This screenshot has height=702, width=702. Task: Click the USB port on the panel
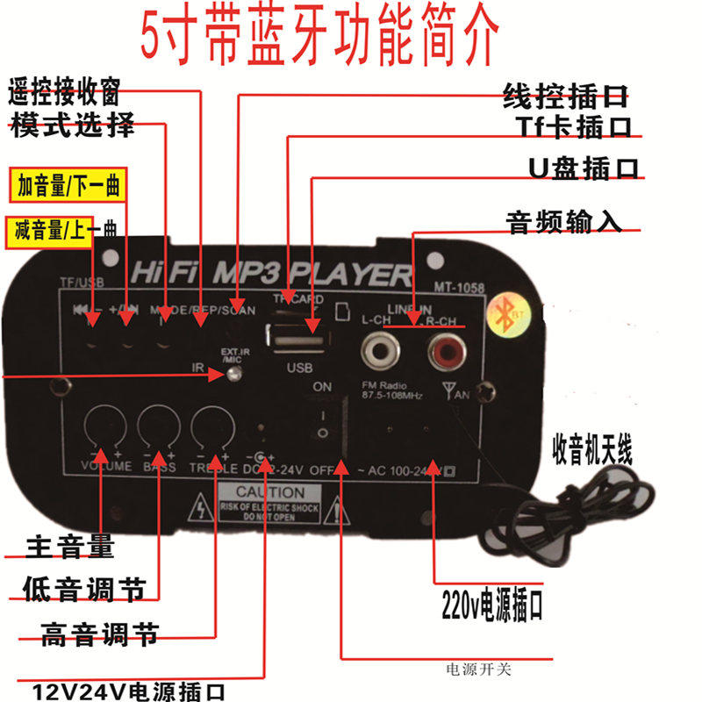pos(293,336)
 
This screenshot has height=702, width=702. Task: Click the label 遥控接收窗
pos(64,90)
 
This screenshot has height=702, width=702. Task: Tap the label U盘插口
pos(584,168)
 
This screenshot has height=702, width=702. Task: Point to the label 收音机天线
pos(592,450)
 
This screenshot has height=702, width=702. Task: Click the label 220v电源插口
pos(492,605)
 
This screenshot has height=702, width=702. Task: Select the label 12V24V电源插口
pos(129,691)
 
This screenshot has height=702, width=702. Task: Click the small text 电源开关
pos(478,670)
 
